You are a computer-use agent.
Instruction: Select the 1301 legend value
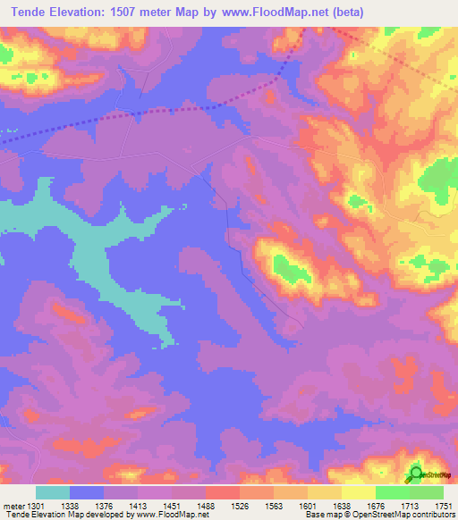36,505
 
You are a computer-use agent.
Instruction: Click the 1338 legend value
70,505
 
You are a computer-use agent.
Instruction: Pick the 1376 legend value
104,505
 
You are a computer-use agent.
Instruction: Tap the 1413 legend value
138,505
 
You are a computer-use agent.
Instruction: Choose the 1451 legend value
172,505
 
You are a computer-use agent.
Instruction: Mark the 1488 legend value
206,505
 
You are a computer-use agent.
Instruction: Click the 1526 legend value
240,505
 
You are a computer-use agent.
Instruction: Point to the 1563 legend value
274,505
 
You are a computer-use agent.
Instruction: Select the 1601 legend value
308,505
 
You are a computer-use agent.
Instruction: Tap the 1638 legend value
342,505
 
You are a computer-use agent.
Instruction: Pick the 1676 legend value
376,505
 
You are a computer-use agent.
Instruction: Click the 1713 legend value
410,505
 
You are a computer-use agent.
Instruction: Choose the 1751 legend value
442,505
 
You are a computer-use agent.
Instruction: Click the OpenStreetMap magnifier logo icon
416,474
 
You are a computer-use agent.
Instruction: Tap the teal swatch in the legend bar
53,492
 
